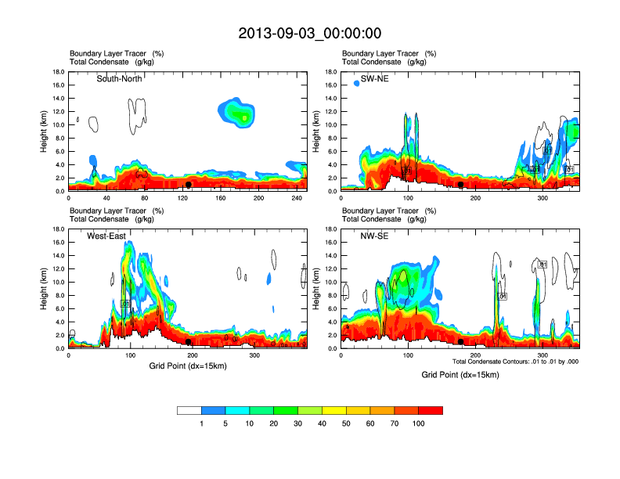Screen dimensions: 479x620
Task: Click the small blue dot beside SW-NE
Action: (356, 82)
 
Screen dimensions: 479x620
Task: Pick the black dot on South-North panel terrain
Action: (188, 185)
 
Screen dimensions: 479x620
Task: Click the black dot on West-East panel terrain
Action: (188, 342)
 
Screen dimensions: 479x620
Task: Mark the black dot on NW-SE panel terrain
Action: (461, 342)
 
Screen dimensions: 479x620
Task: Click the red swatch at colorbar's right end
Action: (431, 410)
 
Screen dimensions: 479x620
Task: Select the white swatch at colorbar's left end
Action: (189, 410)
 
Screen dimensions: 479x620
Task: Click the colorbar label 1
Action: (201, 423)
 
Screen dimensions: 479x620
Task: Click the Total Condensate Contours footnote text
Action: (515, 361)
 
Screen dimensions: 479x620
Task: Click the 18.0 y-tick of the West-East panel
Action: (58, 229)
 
